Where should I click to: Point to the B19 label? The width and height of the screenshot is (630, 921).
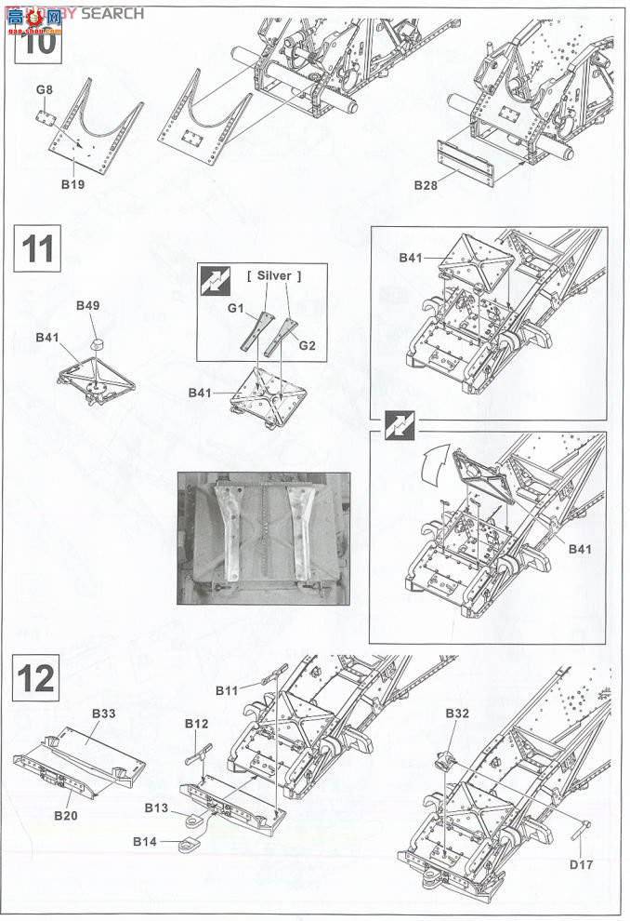[72, 184]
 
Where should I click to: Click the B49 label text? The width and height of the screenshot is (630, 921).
[88, 305]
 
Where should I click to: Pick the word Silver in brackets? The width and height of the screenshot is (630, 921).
[274, 275]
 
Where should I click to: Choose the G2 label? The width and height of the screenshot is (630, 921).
[308, 345]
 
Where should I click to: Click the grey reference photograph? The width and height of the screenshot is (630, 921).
[264, 538]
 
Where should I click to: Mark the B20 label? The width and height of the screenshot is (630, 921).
[65, 814]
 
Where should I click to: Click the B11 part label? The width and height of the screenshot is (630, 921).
[227, 690]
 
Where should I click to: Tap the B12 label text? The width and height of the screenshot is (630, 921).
[196, 723]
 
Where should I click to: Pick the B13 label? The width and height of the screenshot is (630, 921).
[157, 808]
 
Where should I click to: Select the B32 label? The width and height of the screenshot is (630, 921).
[457, 714]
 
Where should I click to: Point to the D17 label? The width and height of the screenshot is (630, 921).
[581, 863]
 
